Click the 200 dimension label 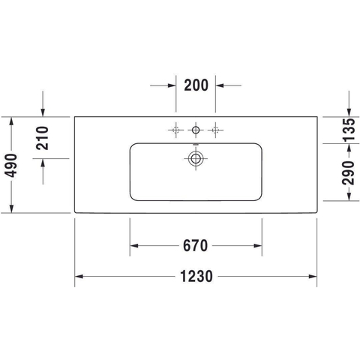pos(196,85)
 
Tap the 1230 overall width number pos(196,277)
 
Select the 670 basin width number pos(196,246)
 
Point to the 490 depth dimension pos(11,166)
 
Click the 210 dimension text pos(42,138)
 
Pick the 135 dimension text pos(349,130)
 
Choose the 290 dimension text pos(348,172)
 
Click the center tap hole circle pos(196,130)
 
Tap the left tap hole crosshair pos(176,130)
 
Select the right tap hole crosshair pos(215,130)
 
